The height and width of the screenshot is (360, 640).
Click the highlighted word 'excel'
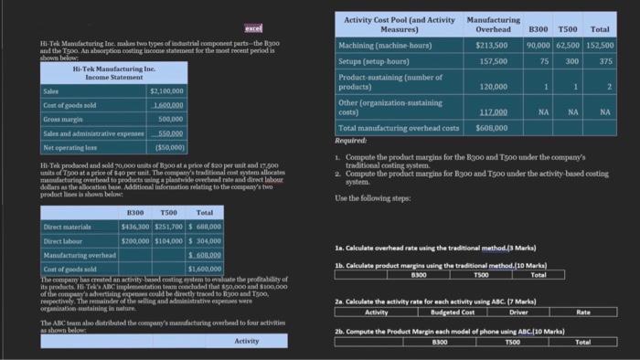(x=253, y=30)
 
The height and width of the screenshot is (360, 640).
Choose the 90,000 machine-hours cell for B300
(x=538, y=45)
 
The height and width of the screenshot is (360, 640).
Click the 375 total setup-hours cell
(x=605, y=61)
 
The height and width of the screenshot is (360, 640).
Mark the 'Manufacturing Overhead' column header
(x=493, y=24)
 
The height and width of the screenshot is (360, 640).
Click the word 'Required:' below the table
(x=351, y=142)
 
